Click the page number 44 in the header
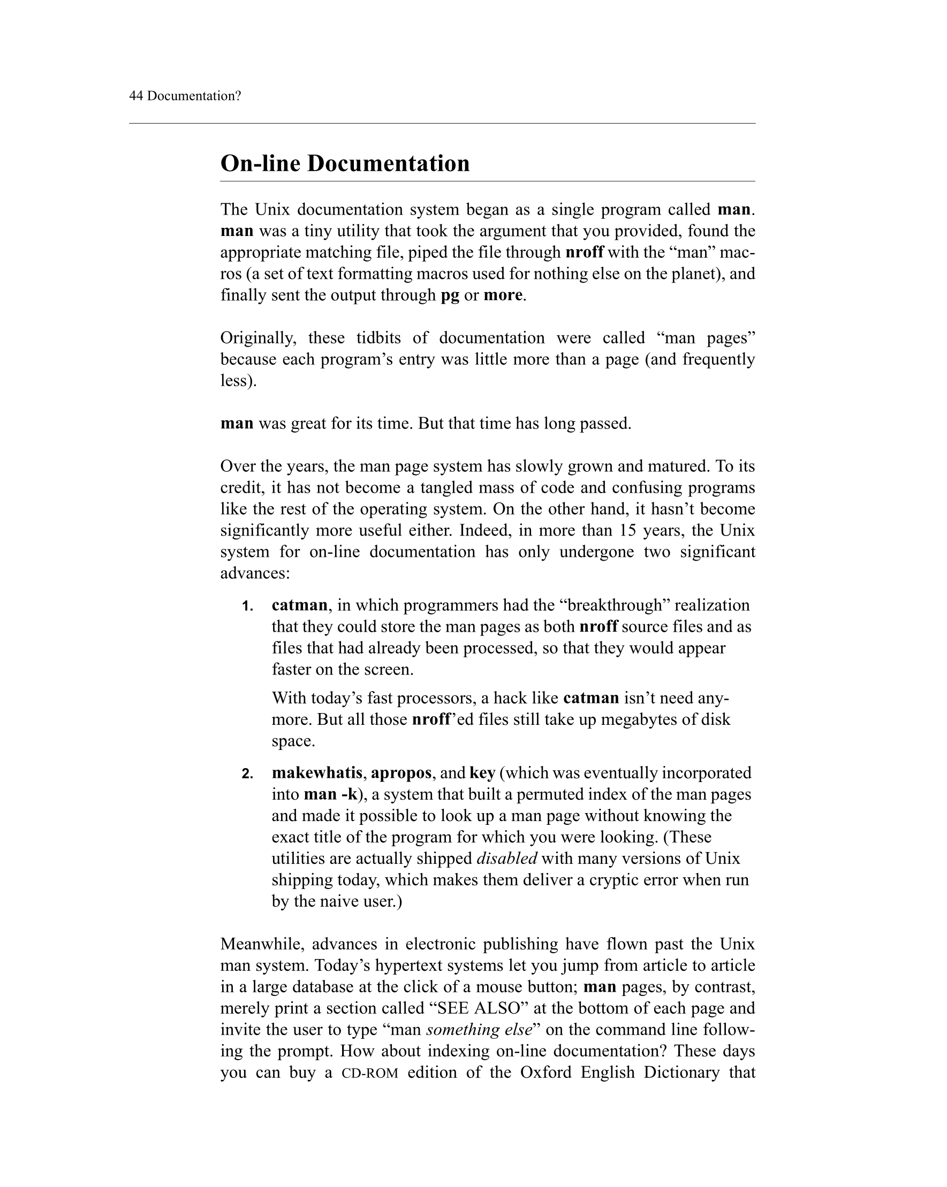(x=136, y=96)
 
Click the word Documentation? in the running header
(x=194, y=96)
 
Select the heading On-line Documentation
(x=345, y=164)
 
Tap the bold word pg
(x=450, y=296)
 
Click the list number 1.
(x=247, y=607)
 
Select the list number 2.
(x=247, y=774)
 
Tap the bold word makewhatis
(x=317, y=773)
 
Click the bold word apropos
(x=401, y=773)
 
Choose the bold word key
(x=482, y=773)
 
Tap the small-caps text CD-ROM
(x=370, y=1073)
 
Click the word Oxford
(x=546, y=1073)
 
